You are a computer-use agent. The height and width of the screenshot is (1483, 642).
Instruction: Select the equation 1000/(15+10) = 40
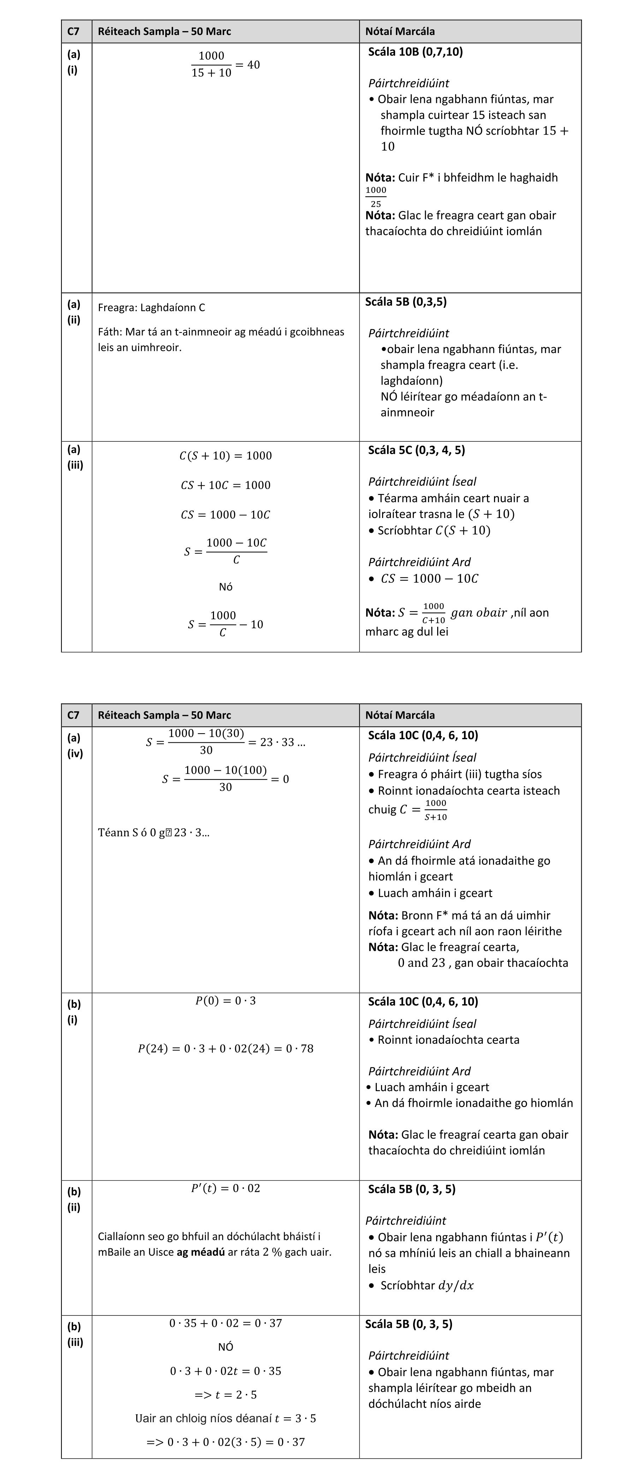[x=226, y=64]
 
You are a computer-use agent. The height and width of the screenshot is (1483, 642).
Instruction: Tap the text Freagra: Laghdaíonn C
[x=151, y=307]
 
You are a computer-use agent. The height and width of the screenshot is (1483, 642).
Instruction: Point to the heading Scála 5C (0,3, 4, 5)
[x=416, y=450]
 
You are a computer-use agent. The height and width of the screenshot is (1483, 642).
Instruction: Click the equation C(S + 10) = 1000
[x=226, y=456]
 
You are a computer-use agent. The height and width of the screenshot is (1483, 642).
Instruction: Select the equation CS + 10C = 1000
[x=226, y=485]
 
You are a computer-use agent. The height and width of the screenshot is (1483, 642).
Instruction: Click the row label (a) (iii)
[x=75, y=457]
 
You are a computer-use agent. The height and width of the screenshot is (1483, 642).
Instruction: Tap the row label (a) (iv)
[x=75, y=745]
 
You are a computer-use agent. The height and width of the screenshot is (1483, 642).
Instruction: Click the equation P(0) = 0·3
[x=226, y=1001]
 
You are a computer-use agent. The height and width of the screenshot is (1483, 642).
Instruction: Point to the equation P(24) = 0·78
[x=226, y=1048]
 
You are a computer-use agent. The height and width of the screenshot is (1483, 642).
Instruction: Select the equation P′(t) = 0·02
[x=226, y=1188]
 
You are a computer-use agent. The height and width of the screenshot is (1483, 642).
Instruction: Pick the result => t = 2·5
[x=226, y=1394]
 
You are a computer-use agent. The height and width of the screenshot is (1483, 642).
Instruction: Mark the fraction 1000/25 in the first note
[x=376, y=197]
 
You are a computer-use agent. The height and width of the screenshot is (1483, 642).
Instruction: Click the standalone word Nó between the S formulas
[x=226, y=587]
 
